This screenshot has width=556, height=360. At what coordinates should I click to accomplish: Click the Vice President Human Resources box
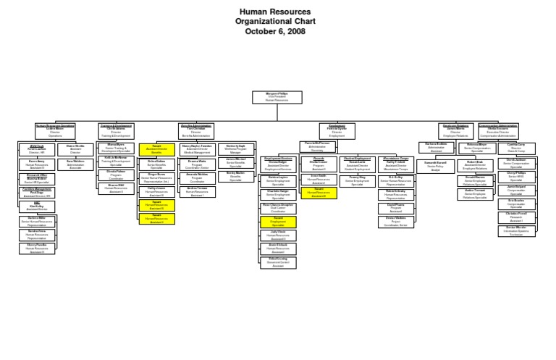pyautogui.click(x=277, y=98)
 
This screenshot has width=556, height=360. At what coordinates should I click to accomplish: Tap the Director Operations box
pyautogui.click(x=55, y=131)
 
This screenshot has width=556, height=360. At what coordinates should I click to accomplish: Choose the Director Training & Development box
pyautogui.click(x=117, y=131)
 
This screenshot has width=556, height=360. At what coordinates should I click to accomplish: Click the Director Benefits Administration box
pyautogui.click(x=195, y=131)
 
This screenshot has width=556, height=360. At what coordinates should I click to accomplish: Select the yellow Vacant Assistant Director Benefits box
pyautogui.click(x=156, y=148)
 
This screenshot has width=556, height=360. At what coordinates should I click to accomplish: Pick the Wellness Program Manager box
pyautogui.click(x=235, y=150)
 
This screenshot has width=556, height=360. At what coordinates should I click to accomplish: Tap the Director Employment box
pyautogui.click(x=332, y=131)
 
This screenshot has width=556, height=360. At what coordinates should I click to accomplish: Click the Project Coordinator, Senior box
pyautogui.click(x=396, y=221)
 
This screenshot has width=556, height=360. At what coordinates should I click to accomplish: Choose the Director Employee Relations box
pyautogui.click(x=455, y=131)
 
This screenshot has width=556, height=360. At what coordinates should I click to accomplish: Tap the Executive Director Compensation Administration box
pyautogui.click(x=498, y=131)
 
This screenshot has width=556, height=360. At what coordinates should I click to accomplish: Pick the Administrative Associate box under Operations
pyautogui.click(x=75, y=163)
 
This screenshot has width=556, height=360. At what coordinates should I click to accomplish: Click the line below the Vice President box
pyautogui.click(x=277, y=113)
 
